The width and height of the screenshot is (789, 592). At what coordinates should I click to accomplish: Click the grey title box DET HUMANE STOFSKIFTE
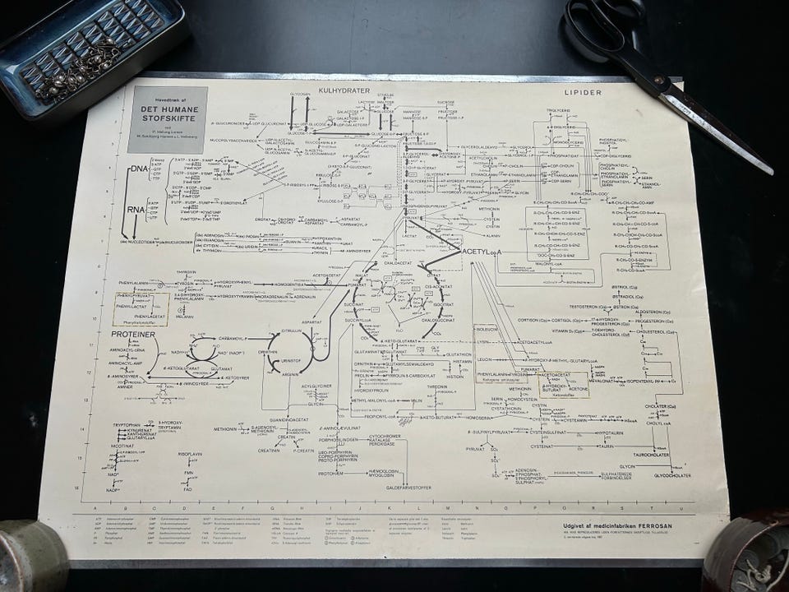point(168,119)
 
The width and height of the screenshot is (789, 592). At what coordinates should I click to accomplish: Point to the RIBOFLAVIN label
point(190,454)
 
